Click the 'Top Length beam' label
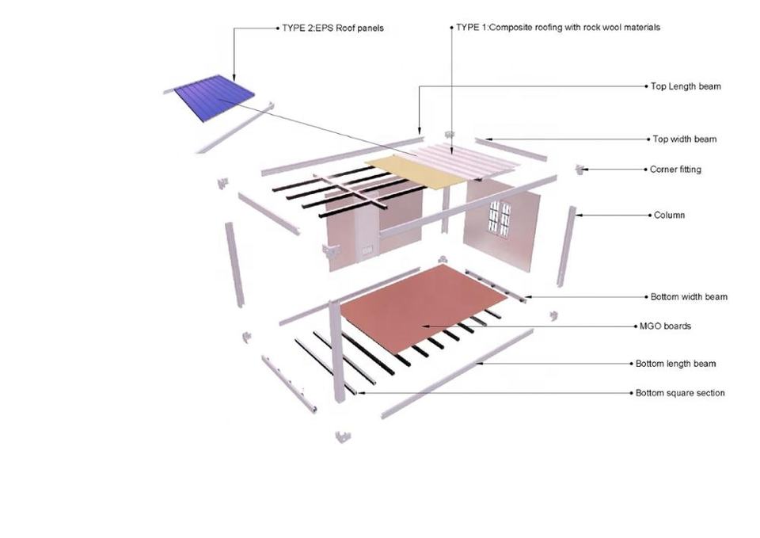[x=686, y=86]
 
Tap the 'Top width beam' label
[x=684, y=139]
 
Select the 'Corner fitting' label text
[x=675, y=170]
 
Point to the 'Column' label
[x=669, y=215]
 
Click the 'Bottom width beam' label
[x=689, y=297]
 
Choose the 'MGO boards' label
[x=665, y=326]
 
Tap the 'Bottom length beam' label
[x=675, y=364]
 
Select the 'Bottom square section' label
[x=680, y=393]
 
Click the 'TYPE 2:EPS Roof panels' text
[x=332, y=29]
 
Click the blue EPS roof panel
[x=215, y=98]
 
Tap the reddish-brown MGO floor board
[x=423, y=308]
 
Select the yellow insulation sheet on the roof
[x=416, y=171]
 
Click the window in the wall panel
[x=500, y=219]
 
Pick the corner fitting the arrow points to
[x=578, y=170]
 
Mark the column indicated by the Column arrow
[x=565, y=246]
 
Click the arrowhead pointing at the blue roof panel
[x=234, y=77]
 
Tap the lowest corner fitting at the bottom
[x=343, y=436]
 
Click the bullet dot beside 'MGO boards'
[x=636, y=326]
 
